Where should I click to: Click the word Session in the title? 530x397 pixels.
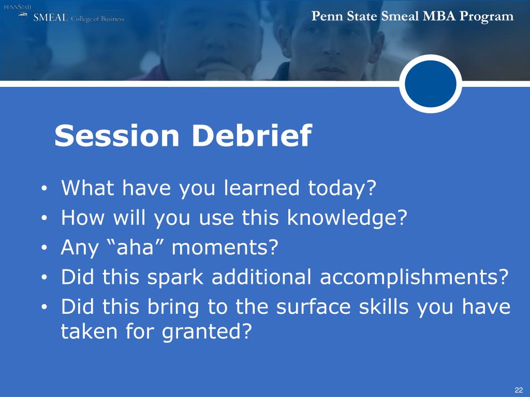(116, 135)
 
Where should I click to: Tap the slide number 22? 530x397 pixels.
(519, 390)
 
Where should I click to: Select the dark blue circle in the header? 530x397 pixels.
(430, 83)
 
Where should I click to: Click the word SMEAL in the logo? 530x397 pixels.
(50, 18)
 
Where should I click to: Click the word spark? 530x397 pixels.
(175, 278)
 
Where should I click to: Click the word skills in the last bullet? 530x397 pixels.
(384, 306)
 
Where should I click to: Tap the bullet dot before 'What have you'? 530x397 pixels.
(43, 189)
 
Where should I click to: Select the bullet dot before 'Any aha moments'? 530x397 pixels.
(43, 248)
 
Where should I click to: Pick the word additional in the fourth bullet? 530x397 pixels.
(261, 277)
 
